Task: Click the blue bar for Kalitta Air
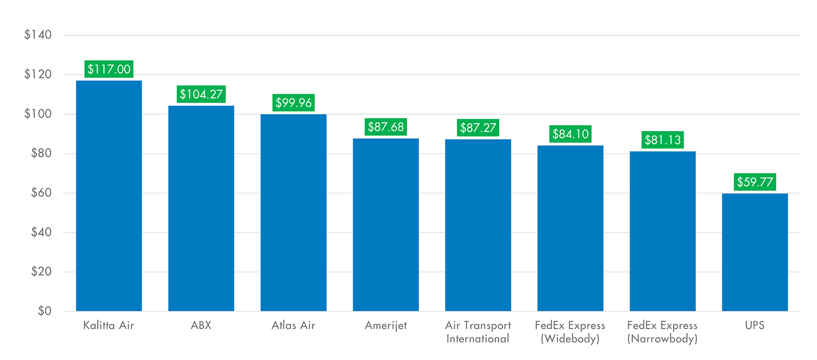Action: click(x=109, y=196)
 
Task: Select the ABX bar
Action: click(x=201, y=208)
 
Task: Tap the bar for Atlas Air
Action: click(x=293, y=212)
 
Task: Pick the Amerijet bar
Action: click(x=386, y=225)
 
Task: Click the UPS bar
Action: click(x=755, y=252)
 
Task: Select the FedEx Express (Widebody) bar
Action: click(x=570, y=228)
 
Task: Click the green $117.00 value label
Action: click(x=109, y=69)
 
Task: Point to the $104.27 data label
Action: click(x=201, y=94)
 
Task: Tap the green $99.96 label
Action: click(x=293, y=103)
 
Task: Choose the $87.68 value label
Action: click(x=386, y=127)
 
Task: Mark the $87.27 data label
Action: click(x=478, y=128)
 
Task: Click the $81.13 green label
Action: click(x=662, y=140)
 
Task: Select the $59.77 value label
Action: click(x=755, y=182)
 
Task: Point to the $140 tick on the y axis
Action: click(x=38, y=34)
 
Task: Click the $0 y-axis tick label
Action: click(x=45, y=311)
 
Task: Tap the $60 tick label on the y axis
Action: click(x=41, y=193)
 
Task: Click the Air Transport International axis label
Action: click(x=478, y=332)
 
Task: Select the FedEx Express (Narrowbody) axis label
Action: click(x=662, y=332)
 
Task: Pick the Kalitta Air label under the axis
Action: click(x=109, y=326)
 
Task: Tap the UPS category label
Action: click(x=755, y=326)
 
